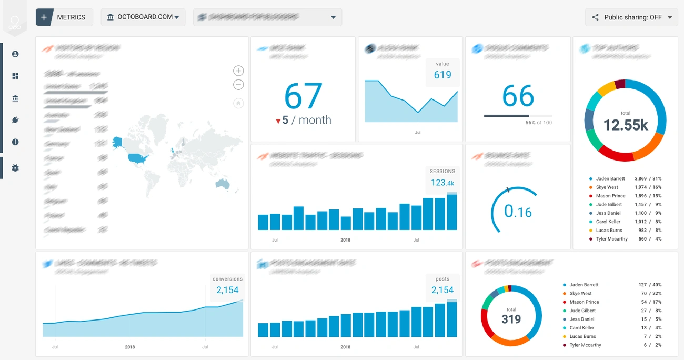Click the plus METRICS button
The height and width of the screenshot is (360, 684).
pos(64,17)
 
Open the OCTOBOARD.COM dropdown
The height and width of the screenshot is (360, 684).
pos(143,17)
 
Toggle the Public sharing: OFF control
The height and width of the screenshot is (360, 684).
pos(631,17)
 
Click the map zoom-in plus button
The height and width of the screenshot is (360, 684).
pos(238,71)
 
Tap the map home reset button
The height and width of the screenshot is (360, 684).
pos(238,103)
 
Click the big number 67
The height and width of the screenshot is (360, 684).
pos(303,96)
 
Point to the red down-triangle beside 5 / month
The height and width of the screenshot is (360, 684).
pos(278,121)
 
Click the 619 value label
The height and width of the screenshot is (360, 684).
pos(442,75)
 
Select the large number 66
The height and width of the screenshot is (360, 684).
pos(518,96)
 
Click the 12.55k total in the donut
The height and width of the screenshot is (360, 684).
pos(625,125)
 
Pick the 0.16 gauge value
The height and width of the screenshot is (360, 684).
pos(518,212)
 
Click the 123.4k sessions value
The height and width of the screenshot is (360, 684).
pos(442,183)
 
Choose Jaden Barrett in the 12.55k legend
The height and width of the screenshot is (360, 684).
pos(610,179)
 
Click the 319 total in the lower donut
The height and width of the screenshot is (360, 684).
pos(511,319)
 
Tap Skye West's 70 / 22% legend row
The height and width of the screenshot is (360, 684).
pos(610,293)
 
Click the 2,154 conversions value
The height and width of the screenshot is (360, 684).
pos(227,290)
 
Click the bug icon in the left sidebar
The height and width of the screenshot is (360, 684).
pos(15,168)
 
